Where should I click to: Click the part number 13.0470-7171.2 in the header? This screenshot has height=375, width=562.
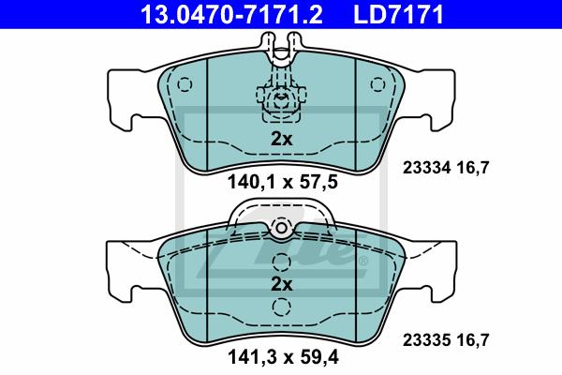coord(231,15)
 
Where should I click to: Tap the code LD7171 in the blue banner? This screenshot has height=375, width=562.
coord(399,15)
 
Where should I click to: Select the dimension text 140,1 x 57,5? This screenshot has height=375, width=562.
coord(283,182)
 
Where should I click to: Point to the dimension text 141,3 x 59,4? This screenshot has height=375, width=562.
coord(283,357)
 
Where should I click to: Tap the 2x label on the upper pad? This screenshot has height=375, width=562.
coord(282,139)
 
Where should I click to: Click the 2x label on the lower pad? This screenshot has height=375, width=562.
coord(282,284)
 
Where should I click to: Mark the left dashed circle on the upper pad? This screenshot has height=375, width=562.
coord(185,84)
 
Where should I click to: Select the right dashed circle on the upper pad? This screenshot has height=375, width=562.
coord(377,84)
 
